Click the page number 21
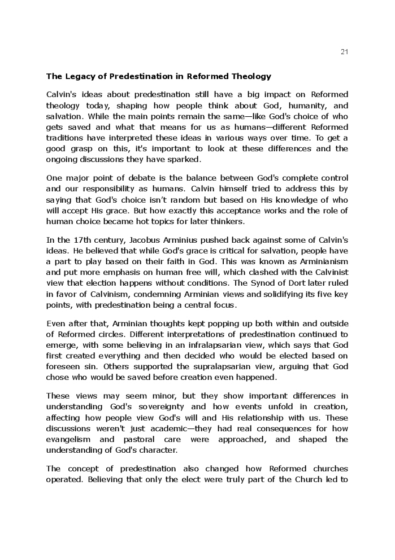[x=344, y=52]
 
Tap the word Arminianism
[x=320, y=261]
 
